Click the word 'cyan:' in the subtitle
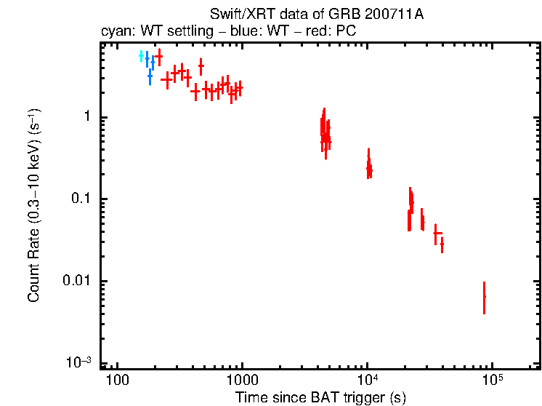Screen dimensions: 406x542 click(x=116, y=31)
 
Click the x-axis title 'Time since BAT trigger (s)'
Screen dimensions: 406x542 click(x=320, y=397)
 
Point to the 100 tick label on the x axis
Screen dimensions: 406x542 click(x=116, y=381)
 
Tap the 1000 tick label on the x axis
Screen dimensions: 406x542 click(x=241, y=381)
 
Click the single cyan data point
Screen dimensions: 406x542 click(x=142, y=56)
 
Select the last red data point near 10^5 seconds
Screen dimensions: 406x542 click(x=484, y=297)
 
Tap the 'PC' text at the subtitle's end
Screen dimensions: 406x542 click(x=346, y=31)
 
